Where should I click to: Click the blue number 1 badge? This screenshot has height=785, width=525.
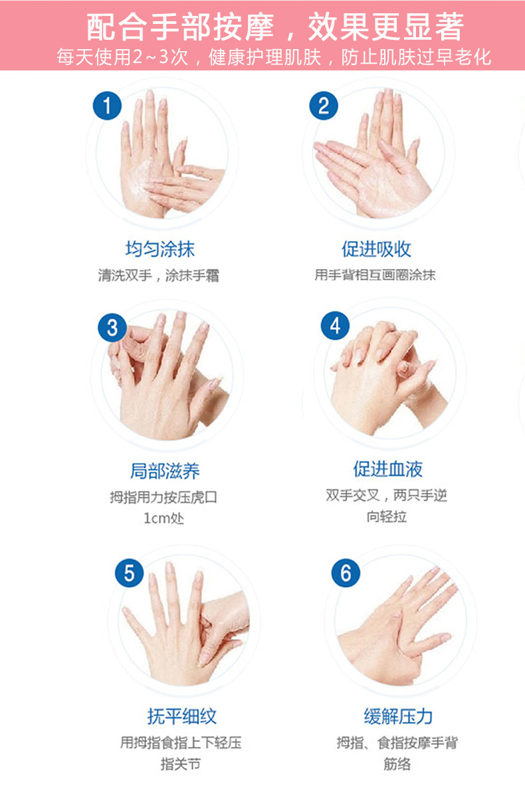click(x=107, y=106)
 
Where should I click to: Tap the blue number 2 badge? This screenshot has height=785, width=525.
click(x=324, y=106)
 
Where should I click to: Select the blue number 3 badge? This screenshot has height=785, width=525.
click(x=112, y=327)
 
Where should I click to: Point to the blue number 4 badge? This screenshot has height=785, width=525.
click(x=335, y=325)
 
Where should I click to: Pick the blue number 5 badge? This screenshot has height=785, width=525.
click(x=129, y=572)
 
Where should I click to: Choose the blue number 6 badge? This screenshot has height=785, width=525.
click(x=346, y=572)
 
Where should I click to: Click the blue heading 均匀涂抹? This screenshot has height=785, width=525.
click(x=159, y=249)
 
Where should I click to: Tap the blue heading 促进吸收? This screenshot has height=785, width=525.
click(x=376, y=249)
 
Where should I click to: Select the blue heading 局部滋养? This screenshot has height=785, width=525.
click(x=165, y=471)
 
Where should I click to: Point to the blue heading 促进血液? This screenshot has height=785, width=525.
click(x=387, y=469)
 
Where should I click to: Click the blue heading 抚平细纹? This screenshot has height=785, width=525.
click(x=182, y=716)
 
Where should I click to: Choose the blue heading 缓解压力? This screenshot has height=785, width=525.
click(x=398, y=716)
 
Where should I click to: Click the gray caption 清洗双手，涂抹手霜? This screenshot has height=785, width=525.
click(x=159, y=275)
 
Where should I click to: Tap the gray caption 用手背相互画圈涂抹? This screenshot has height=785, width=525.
click(x=375, y=274)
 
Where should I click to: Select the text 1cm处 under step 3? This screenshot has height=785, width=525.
click(x=163, y=517)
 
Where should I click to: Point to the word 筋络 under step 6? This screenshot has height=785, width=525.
click(x=397, y=764)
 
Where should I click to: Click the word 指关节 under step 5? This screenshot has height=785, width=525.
click(x=181, y=764)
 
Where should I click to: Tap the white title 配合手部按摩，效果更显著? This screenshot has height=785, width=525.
click(x=275, y=27)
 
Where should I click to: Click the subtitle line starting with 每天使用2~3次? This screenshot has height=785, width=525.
click(x=274, y=56)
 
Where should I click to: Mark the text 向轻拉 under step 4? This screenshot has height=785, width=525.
click(x=386, y=515)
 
